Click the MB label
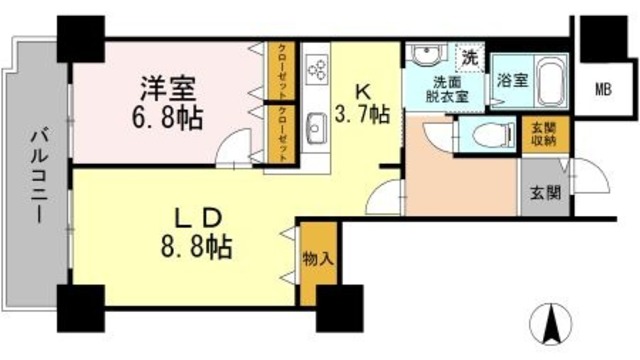pyautogui.click(x=605, y=88)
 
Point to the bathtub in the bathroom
pyautogui.click(x=550, y=80)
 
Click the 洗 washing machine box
pyautogui.click(x=470, y=57)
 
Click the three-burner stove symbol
pyautogui.click(x=316, y=67)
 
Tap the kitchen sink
pyautogui.click(x=316, y=127)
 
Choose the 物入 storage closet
pyautogui.click(x=310, y=258)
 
